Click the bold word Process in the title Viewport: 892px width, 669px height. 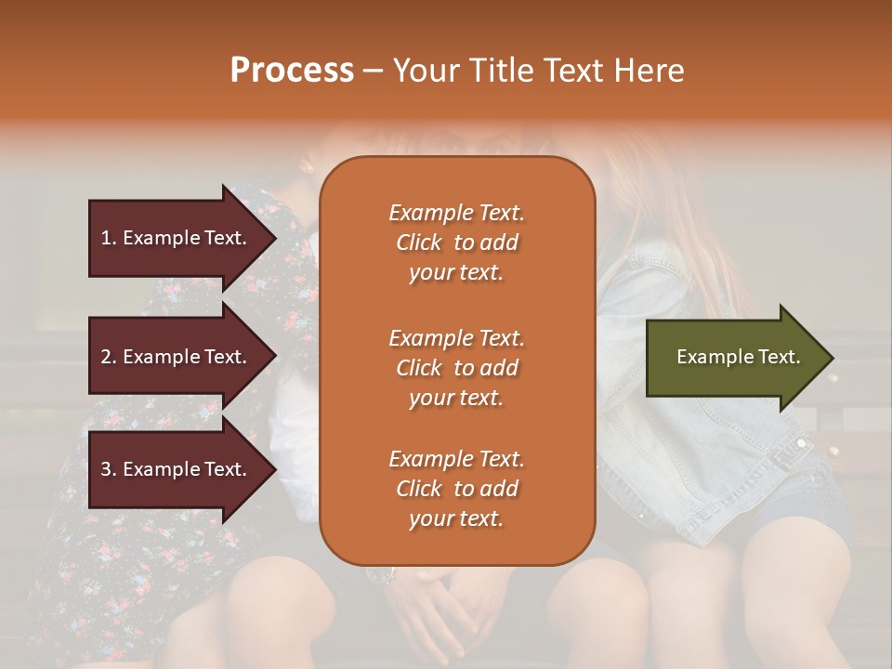(x=292, y=71)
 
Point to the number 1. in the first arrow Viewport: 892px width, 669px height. (x=109, y=238)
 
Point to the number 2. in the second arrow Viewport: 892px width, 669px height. (x=109, y=357)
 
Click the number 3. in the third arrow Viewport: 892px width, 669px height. (x=109, y=469)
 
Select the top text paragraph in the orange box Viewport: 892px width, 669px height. (x=456, y=243)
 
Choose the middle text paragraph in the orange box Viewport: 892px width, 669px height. (x=456, y=368)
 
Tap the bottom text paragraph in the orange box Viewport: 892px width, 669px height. (x=456, y=489)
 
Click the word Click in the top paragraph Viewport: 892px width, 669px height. (x=418, y=243)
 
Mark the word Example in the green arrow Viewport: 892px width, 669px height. (x=709, y=357)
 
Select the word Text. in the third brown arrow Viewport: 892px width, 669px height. (x=226, y=469)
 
